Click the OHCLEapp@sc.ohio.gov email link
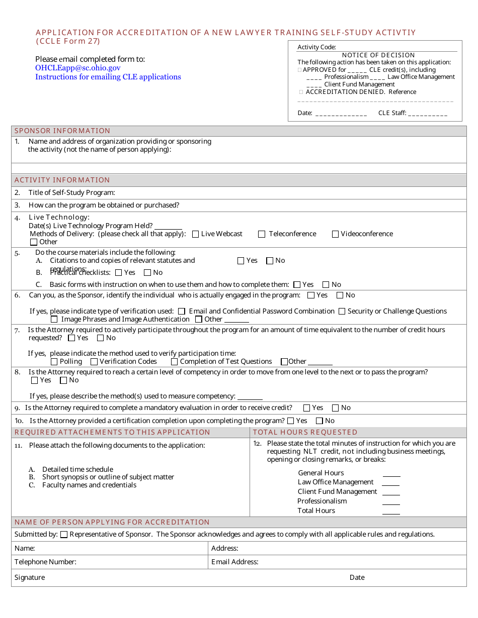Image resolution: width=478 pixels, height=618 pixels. pyautogui.click(x=78, y=68)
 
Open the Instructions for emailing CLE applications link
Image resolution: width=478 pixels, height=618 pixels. pyautogui.click(x=108, y=77)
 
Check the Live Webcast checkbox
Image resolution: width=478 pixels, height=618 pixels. pyautogui.click(x=196, y=234)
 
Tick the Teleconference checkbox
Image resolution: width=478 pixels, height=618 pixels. pyautogui.click(x=262, y=234)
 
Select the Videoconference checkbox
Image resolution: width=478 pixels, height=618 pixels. pyautogui.click(x=335, y=234)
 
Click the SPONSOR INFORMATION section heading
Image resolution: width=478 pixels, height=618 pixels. pyautogui.click(x=62, y=131)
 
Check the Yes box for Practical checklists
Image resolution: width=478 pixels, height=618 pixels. pyautogui.click(x=119, y=273)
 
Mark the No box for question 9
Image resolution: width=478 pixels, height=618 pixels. pyautogui.click(x=335, y=408)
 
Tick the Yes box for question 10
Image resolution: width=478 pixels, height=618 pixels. pyautogui.click(x=290, y=421)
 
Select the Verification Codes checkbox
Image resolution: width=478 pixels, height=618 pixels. pyautogui.click(x=94, y=362)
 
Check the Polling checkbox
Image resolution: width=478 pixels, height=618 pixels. pyautogui.click(x=54, y=362)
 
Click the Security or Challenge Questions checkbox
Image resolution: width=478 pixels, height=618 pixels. pyautogui.click(x=342, y=312)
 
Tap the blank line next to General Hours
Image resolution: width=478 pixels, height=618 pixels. pyautogui.click(x=391, y=473)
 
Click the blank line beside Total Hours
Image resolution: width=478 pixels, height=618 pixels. pyautogui.click(x=391, y=511)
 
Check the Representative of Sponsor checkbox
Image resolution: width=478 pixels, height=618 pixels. pyautogui.click(x=64, y=535)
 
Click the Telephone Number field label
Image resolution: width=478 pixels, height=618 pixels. pyautogui.click(x=45, y=562)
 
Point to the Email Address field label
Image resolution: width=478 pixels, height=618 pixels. pyautogui.click(x=235, y=562)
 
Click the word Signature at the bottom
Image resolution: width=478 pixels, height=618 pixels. pyautogui.click(x=30, y=578)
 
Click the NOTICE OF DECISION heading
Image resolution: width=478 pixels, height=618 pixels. pyautogui.click(x=378, y=55)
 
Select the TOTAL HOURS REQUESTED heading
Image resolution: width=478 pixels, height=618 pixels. pyautogui.click(x=305, y=433)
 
